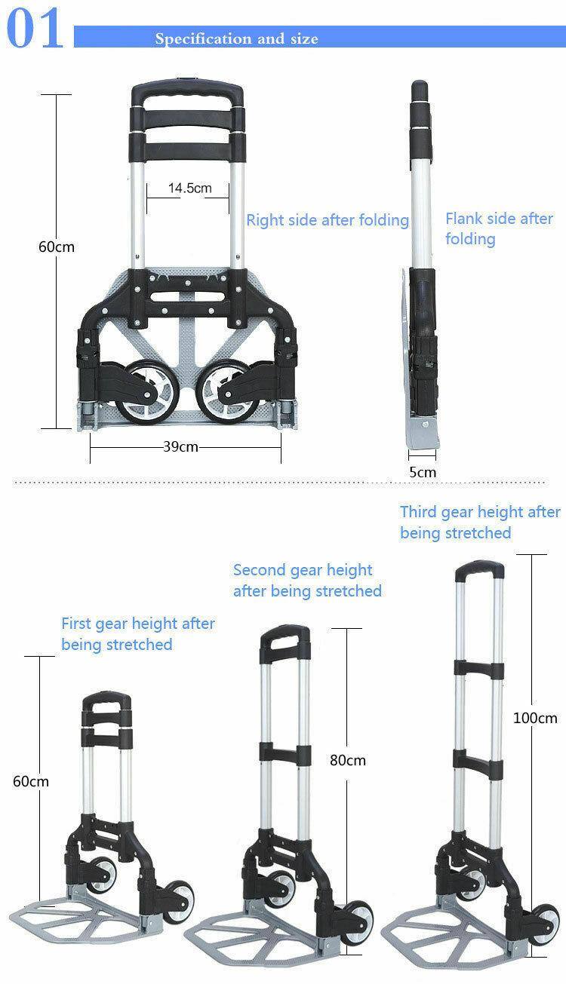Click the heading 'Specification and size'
tap(236, 38)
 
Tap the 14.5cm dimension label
tap(189, 188)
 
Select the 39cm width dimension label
tap(180, 446)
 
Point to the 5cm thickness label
tap(423, 472)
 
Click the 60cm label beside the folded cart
tap(57, 247)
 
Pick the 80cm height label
tap(347, 760)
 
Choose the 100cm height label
tap(535, 718)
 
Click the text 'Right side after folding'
tap(327, 220)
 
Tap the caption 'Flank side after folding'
tap(498, 228)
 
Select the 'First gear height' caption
tap(137, 634)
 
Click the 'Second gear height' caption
tap(306, 581)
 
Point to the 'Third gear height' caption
tap(479, 522)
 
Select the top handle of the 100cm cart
tap(479, 568)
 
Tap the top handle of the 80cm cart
tap(285, 633)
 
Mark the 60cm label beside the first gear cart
tap(31, 781)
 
